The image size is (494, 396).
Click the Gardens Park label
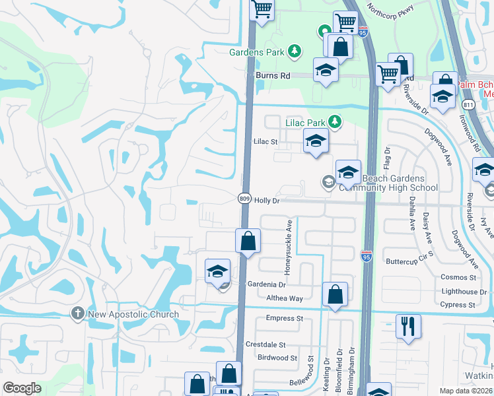tap(258, 51)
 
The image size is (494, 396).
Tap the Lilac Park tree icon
tap(335, 121)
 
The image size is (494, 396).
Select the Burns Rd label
tap(273, 76)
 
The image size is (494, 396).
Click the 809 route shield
tap(244, 199)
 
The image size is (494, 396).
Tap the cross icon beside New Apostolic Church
tap(78, 314)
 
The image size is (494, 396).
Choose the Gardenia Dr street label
tap(266, 284)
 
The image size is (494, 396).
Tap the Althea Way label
tap(284, 298)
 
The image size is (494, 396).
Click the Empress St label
tap(284, 318)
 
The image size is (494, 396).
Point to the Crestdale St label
tap(265, 345)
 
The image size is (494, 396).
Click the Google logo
tap(22, 388)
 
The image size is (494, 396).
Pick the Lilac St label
tap(265, 141)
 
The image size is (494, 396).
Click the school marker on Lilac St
tap(316, 141)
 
